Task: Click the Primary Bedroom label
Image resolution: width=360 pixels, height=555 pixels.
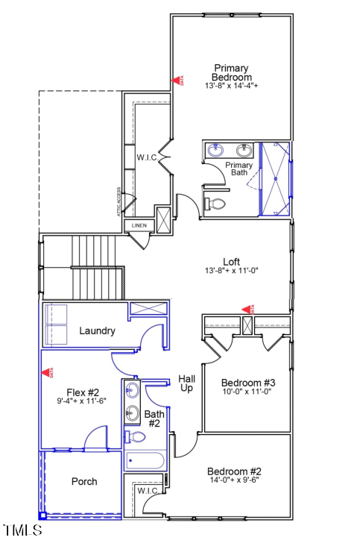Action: [x=231, y=72]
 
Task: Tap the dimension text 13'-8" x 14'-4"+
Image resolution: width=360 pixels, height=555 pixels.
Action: [x=231, y=86]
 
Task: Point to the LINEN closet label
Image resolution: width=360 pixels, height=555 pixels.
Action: [x=139, y=225]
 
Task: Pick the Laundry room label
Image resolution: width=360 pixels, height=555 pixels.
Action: [x=97, y=330]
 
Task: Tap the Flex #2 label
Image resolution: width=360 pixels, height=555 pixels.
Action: [x=83, y=392]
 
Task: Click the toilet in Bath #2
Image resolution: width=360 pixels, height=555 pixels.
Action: [x=136, y=437]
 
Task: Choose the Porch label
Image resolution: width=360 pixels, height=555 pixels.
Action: [x=84, y=481]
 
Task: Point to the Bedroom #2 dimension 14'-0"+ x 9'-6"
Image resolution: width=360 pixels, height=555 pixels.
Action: [x=234, y=480]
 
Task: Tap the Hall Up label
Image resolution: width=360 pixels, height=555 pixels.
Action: [x=187, y=383]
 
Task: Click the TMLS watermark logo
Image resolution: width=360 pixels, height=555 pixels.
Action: [x=23, y=531]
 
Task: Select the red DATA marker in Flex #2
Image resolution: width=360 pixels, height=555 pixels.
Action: [x=49, y=371]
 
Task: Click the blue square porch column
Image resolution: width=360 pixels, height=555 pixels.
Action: [x=42, y=515]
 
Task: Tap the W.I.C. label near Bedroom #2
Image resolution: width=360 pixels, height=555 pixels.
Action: [x=148, y=490]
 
